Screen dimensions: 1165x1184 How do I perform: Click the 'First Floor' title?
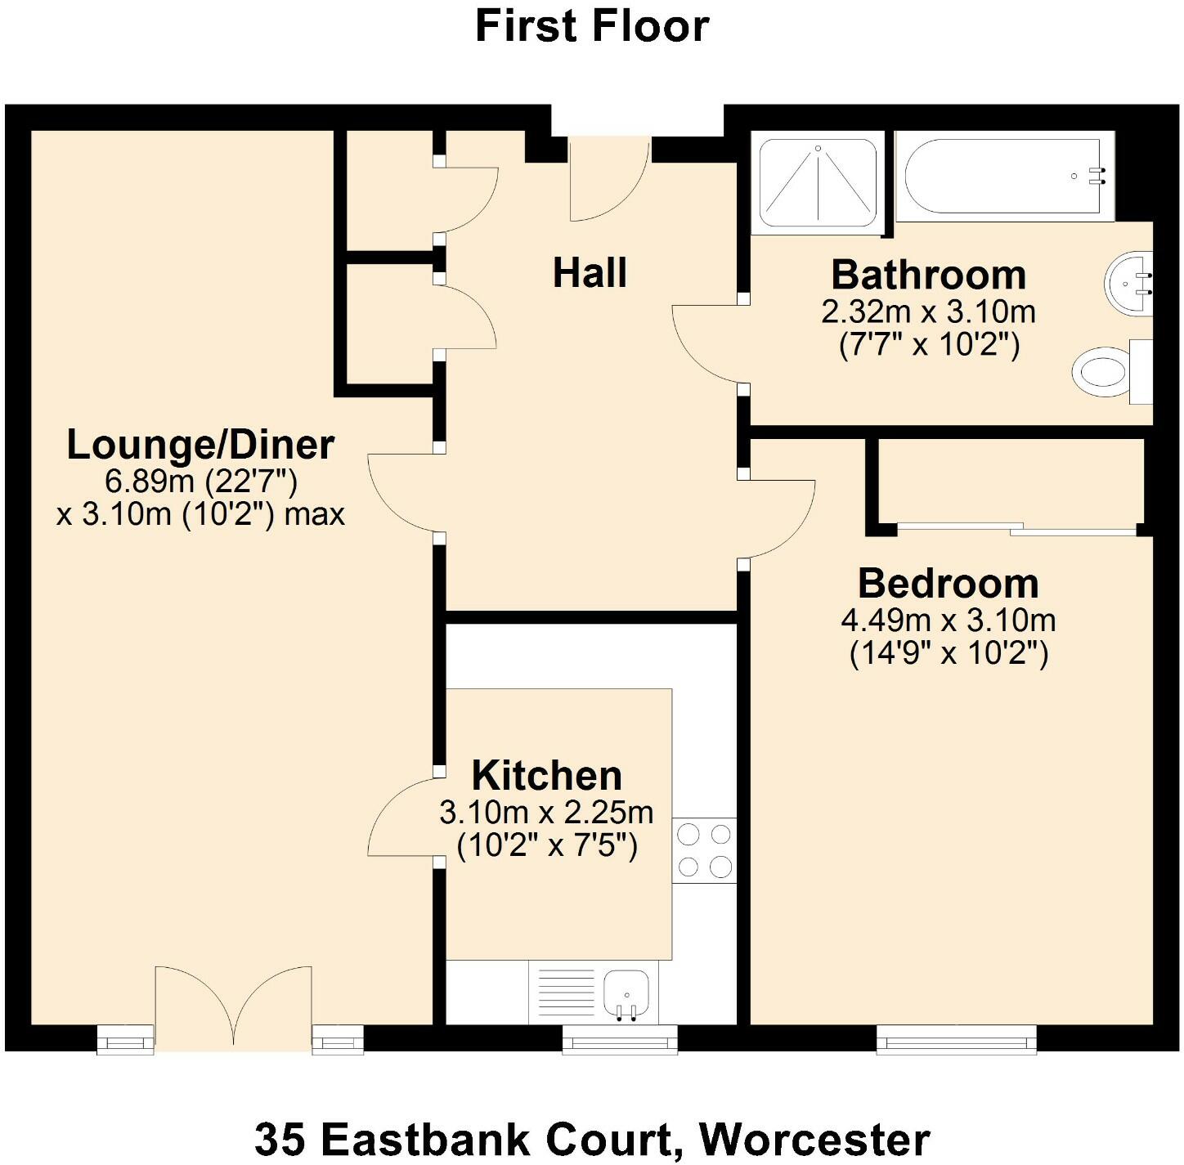click(x=591, y=26)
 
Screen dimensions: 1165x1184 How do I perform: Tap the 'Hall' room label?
click(x=590, y=273)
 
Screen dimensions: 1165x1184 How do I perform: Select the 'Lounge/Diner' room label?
click(x=200, y=446)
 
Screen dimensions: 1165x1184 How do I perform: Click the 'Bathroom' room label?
click(x=928, y=276)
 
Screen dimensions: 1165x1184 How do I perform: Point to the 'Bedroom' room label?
click(x=948, y=584)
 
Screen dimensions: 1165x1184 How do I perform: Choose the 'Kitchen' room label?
click(x=546, y=776)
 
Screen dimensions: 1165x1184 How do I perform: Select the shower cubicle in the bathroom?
click(x=818, y=184)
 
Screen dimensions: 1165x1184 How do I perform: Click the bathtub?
click(x=1003, y=176)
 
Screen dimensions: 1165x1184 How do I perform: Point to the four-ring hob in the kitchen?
click(x=704, y=850)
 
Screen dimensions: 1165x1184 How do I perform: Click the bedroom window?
click(x=956, y=1040)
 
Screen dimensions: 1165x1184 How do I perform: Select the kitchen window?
click(x=620, y=1040)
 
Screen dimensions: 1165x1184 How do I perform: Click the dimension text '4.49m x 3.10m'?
click(x=948, y=621)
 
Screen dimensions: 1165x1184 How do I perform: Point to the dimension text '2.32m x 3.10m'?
click(x=928, y=311)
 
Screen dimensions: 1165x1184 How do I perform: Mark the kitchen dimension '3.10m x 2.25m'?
click(x=546, y=813)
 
